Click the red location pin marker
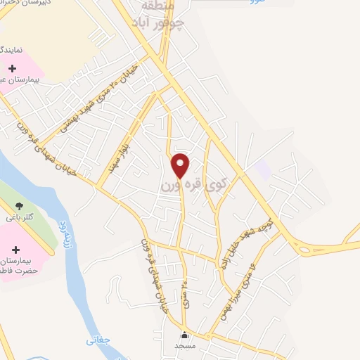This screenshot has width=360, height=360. [181, 165]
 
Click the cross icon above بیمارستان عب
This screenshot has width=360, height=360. [13, 69]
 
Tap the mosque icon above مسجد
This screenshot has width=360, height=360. [184, 335]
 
